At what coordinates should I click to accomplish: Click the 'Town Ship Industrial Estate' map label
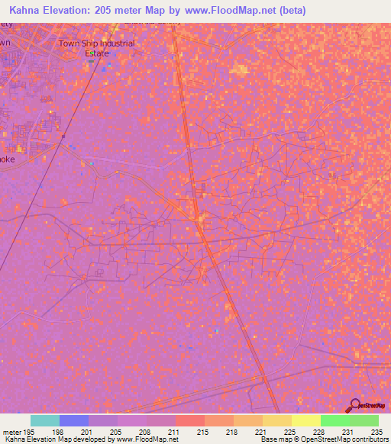(x=97, y=48)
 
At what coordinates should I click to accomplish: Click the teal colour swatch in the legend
(x=45, y=420)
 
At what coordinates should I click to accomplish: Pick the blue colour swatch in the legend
(x=74, y=420)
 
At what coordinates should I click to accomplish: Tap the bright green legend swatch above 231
(x=334, y=420)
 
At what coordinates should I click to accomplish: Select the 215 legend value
(x=202, y=432)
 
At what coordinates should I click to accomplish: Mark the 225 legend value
(x=289, y=432)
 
